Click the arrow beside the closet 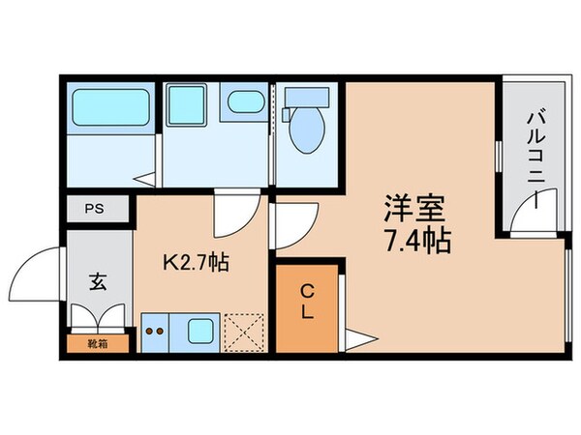pos(360,338)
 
